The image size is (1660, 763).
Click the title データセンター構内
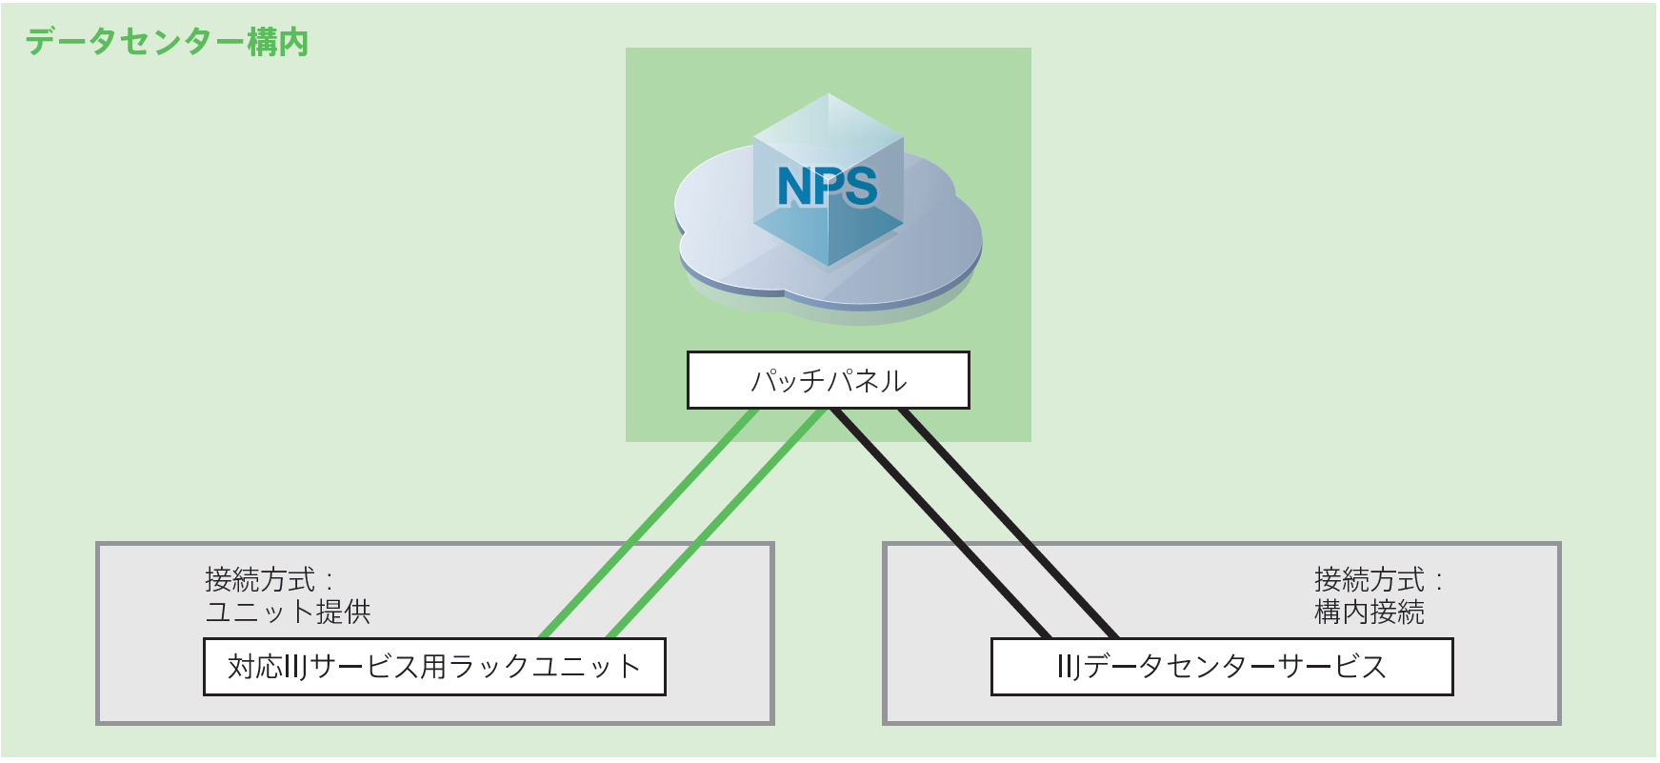[x=167, y=42]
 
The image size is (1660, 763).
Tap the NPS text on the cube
[x=827, y=187]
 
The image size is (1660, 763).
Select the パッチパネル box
[x=828, y=380]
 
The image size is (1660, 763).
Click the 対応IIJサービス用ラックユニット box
[x=434, y=667]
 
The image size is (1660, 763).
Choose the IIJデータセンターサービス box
[x=1222, y=667]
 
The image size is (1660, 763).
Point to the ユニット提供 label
[x=288, y=612]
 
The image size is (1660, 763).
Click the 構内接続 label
[x=1369, y=612]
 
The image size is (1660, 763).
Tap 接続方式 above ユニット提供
[x=260, y=579]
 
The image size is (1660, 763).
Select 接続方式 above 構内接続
[x=1369, y=579]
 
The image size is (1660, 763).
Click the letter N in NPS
[x=794, y=187]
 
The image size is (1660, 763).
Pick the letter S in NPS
[x=860, y=187]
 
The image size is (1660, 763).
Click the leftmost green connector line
[x=648, y=524]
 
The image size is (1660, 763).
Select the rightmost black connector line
[x=1010, y=524]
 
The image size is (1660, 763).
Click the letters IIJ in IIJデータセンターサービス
[x=1069, y=667]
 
